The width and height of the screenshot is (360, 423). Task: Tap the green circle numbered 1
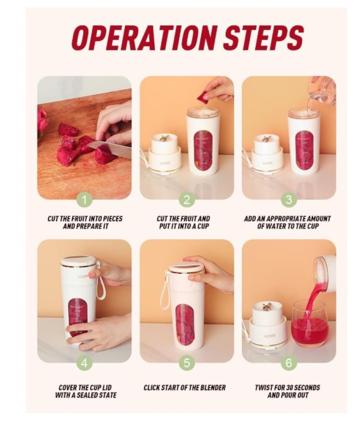(84, 200)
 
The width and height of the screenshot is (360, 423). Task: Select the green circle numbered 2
(186, 200)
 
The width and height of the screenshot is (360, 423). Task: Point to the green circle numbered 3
(289, 200)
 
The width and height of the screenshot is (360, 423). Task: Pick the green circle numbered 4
(84, 363)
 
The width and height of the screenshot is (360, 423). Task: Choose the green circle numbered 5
(186, 363)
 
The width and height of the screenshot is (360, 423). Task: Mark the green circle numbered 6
(289, 363)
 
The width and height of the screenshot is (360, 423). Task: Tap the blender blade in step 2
(163, 138)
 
